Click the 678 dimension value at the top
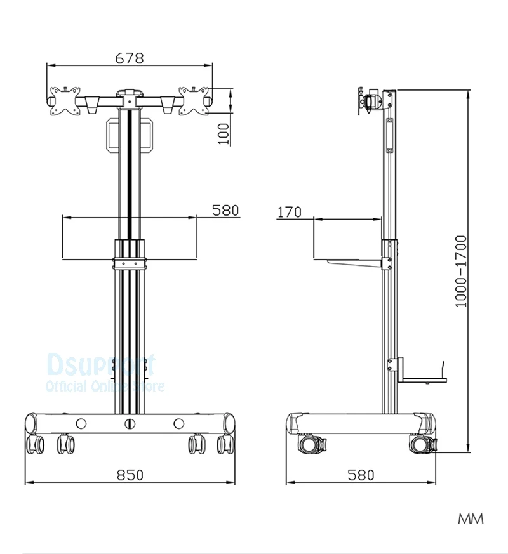[x=130, y=58]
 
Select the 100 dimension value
[x=224, y=133]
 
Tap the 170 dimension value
[x=290, y=212]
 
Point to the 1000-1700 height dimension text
[x=461, y=272]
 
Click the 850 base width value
[x=130, y=475]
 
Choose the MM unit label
[x=471, y=519]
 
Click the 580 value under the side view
[x=361, y=475]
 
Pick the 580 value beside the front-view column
[x=225, y=210]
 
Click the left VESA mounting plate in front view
[x=65, y=101]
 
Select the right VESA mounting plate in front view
[x=194, y=101]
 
